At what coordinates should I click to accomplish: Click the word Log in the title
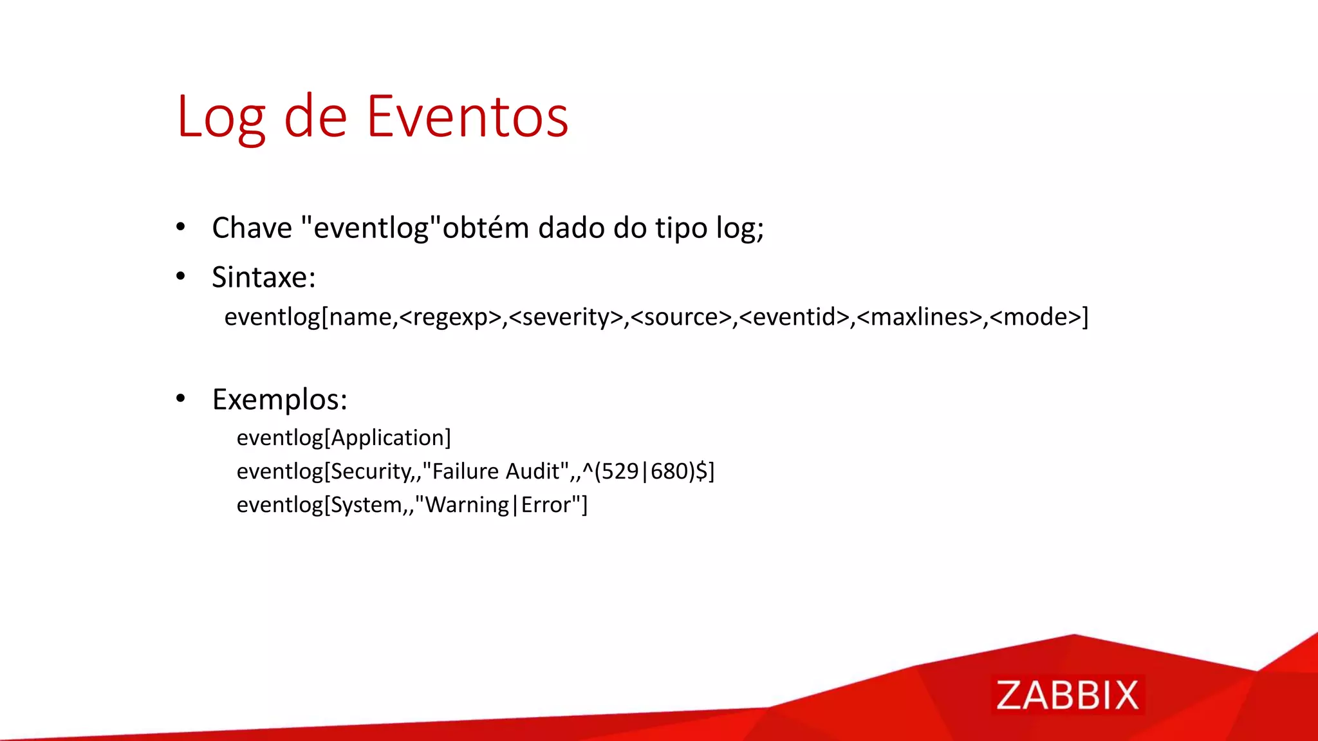pyautogui.click(x=221, y=117)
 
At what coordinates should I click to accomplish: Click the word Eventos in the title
pyautogui.click(x=468, y=117)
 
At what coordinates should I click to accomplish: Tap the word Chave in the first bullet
pyautogui.click(x=252, y=228)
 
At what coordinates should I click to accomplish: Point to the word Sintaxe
pyautogui.click(x=263, y=278)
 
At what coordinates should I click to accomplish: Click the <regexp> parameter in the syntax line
pyautogui.click(x=450, y=317)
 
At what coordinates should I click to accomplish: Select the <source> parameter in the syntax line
pyautogui.click(x=681, y=317)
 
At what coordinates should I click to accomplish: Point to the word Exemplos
pyautogui.click(x=279, y=400)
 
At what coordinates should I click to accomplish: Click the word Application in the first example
pyautogui.click(x=387, y=438)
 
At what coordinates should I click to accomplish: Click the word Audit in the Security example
pyautogui.click(x=533, y=471)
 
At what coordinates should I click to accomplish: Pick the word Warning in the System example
pyautogui.click(x=467, y=505)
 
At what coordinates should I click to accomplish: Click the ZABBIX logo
pyautogui.click(x=1067, y=695)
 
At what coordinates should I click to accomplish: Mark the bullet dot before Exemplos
pyautogui.click(x=181, y=399)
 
